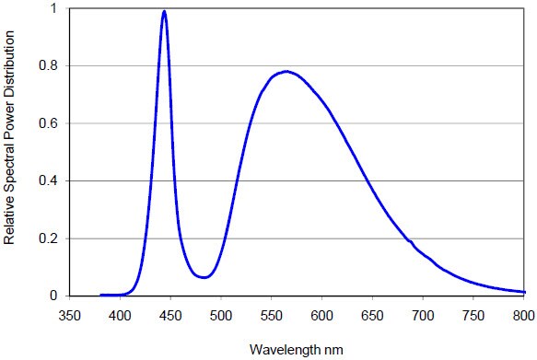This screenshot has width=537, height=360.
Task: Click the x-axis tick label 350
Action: pyautogui.click(x=69, y=314)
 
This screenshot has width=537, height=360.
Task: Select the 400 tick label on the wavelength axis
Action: pyautogui.click(x=120, y=314)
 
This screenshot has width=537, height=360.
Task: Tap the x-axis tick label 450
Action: pyautogui.click(x=170, y=314)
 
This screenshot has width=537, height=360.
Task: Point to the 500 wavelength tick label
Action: pyautogui.click(x=220, y=314)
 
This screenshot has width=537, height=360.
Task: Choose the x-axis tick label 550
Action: pyautogui.click(x=271, y=314)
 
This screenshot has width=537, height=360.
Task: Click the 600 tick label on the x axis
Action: pyautogui.click(x=321, y=314)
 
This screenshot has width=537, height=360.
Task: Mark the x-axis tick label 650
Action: pyautogui.click(x=372, y=314)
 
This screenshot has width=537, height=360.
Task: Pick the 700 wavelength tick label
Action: pyautogui.click(x=423, y=314)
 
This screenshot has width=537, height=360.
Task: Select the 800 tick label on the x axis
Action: pyautogui.click(x=522, y=314)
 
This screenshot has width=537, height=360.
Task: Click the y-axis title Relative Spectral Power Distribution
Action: pyautogui.click(x=10, y=152)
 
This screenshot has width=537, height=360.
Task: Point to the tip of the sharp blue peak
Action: pyautogui.click(x=164, y=12)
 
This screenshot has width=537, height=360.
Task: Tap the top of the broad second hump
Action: pyautogui.click(x=287, y=71)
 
